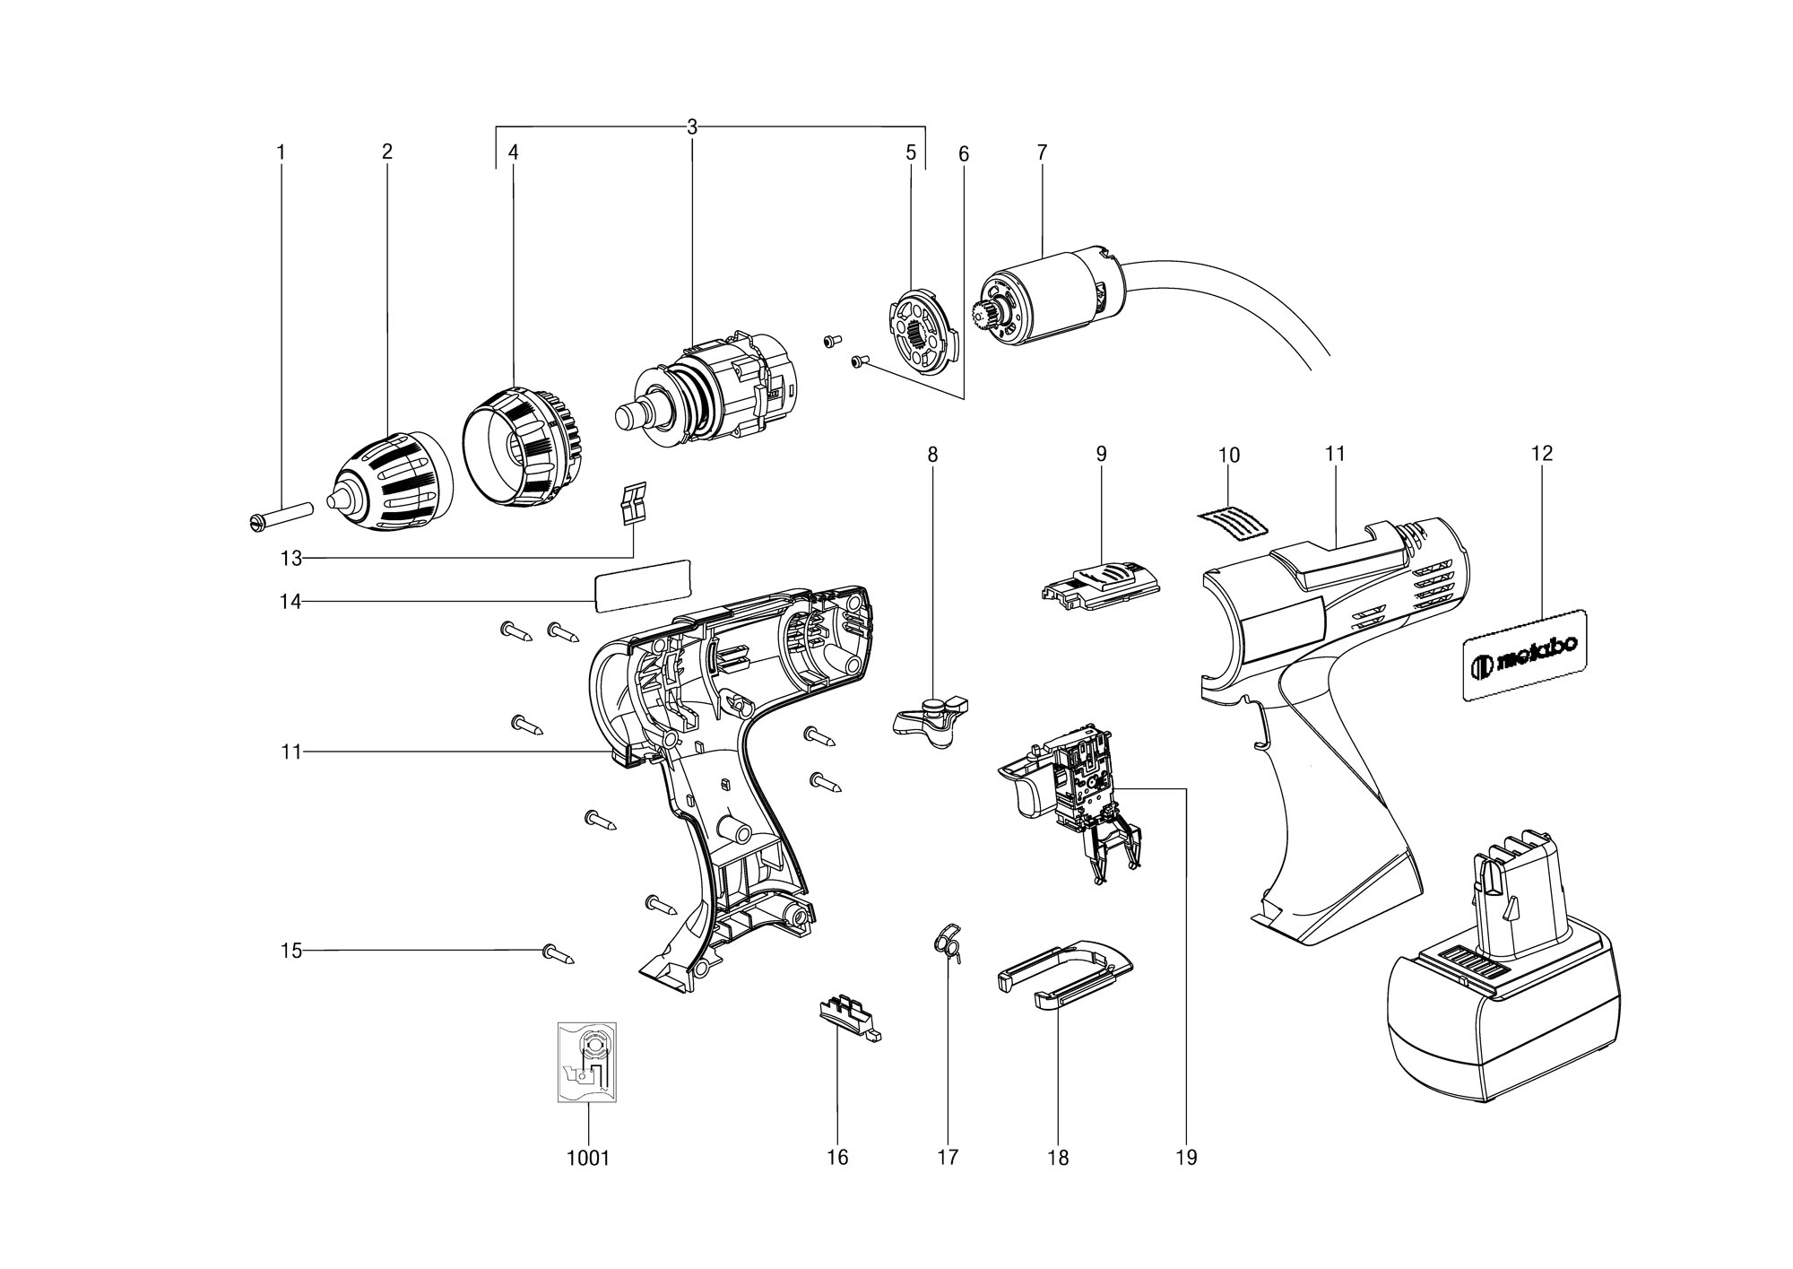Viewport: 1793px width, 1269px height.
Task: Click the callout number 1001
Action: point(588,1158)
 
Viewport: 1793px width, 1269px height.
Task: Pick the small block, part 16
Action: point(849,1020)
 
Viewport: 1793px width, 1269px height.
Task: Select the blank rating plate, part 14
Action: point(642,585)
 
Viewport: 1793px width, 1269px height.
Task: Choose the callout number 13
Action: point(290,559)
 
